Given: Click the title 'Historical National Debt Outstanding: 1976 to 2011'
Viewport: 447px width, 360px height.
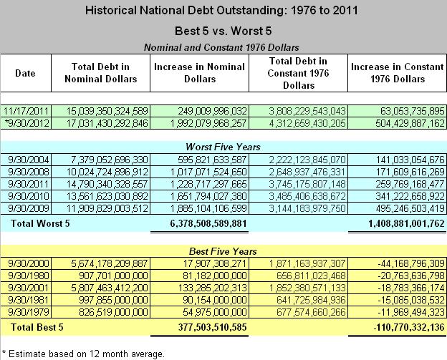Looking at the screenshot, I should [223, 11].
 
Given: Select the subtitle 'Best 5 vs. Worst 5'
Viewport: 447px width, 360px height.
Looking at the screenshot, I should [223, 31].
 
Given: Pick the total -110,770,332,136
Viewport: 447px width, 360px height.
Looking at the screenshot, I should [400, 327].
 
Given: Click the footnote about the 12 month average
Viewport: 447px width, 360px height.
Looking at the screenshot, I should [83, 353].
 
